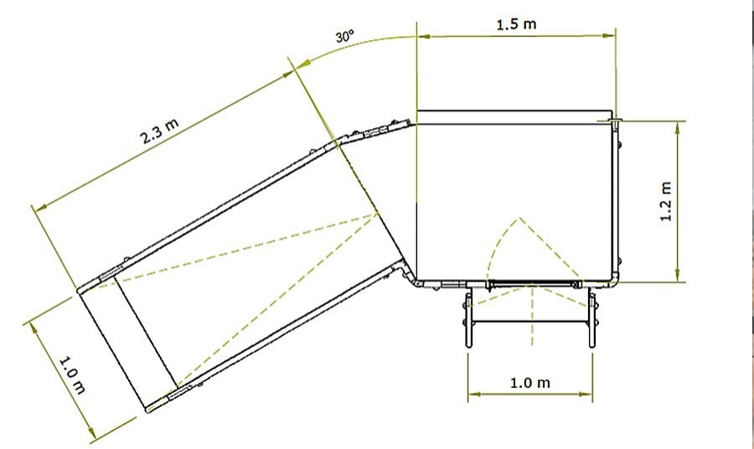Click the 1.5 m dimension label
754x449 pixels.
pos(516,24)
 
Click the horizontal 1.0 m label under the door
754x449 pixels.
pos(530,383)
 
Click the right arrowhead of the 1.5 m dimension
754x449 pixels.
pos(612,36)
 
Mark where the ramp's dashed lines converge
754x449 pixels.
pos(378,214)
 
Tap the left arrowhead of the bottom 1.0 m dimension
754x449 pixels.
pos(473,392)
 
